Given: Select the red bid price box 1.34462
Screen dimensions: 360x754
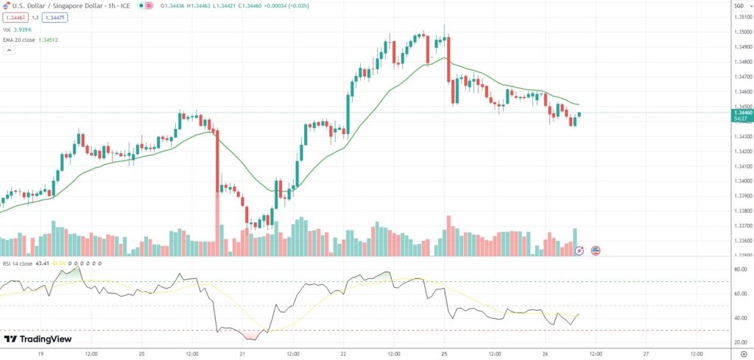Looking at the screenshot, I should point(15,17).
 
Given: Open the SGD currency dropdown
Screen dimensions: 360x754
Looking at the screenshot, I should point(739,6).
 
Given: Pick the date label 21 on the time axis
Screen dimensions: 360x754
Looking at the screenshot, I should point(242,353).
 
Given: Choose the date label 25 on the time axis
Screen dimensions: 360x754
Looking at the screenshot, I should point(444,353).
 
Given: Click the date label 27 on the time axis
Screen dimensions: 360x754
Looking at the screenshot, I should point(646,353).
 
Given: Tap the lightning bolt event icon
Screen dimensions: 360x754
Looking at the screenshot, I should point(579,250).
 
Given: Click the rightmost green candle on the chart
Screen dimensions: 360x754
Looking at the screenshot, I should point(579,115).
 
